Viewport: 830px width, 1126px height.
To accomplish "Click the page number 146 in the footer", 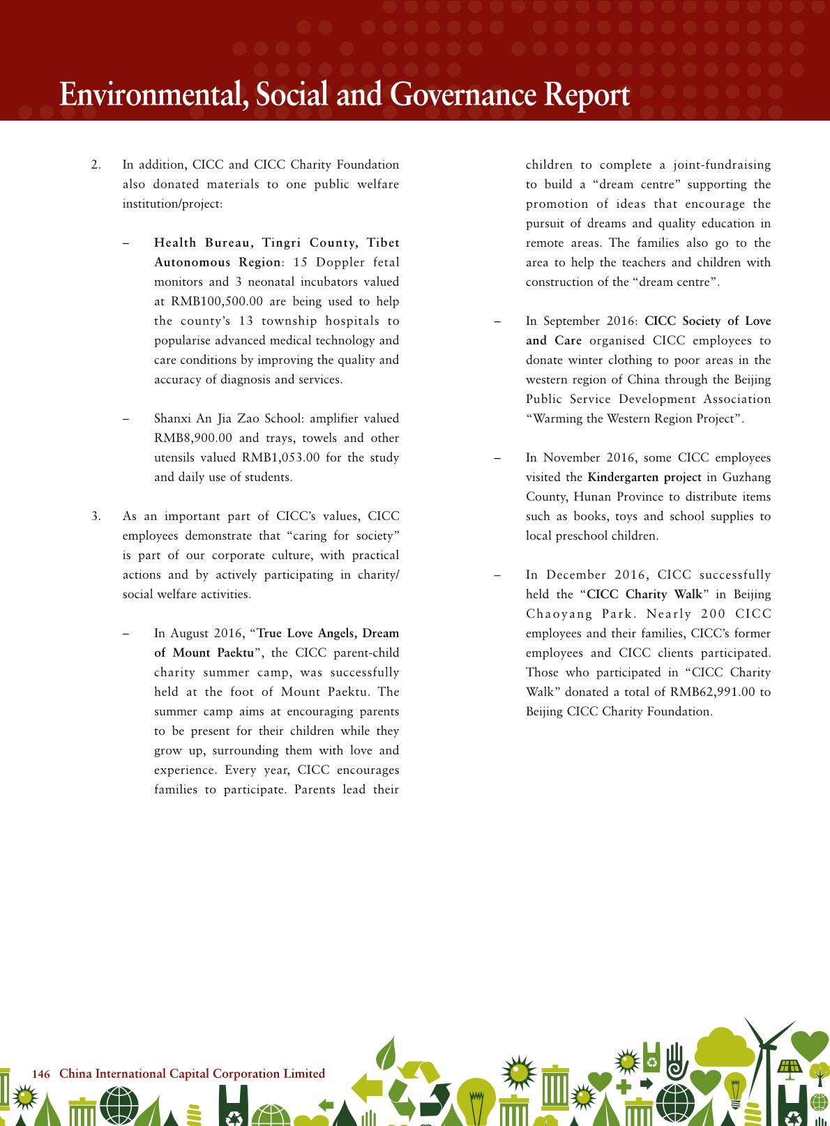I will click(41, 1074).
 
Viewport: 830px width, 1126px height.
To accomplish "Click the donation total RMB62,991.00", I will click(713, 692).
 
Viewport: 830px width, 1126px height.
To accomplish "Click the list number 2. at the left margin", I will click(96, 165).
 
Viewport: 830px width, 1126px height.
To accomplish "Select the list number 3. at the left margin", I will click(96, 517).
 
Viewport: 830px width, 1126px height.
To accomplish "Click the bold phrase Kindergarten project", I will click(644, 477).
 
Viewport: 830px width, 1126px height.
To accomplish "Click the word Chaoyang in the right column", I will click(555, 614).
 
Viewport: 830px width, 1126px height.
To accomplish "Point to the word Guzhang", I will click(746, 477).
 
